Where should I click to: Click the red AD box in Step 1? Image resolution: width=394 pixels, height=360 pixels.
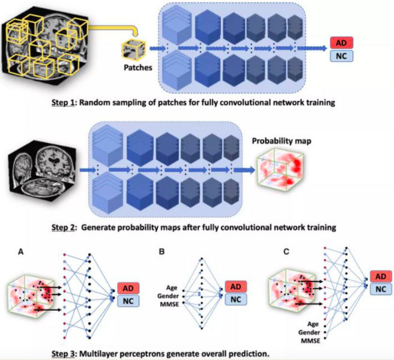341,43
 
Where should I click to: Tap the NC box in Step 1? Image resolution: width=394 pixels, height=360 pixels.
341,56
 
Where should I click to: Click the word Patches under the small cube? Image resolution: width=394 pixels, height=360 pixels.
138,68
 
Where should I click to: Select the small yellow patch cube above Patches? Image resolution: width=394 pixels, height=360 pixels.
133,50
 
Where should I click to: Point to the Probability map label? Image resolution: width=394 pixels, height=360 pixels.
282,141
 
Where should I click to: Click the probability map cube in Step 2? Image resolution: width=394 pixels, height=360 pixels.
280,170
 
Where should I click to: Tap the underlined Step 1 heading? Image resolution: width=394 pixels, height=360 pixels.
63,103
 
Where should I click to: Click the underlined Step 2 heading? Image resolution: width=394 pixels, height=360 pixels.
63,227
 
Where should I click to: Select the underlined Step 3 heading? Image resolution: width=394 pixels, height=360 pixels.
63,354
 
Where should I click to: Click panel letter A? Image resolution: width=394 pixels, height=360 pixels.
21,251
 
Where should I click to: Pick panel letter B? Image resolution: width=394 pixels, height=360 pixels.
162,251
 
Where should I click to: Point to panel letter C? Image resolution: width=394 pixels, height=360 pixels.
286,251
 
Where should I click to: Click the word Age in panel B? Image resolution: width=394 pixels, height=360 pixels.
172,287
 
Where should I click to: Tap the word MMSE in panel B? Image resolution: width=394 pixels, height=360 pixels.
169,304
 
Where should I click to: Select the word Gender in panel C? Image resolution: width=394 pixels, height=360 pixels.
309,332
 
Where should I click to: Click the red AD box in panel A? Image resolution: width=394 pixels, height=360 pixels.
128,288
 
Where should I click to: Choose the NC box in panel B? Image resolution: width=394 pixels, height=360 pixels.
236,299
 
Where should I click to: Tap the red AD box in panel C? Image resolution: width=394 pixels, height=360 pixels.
381,277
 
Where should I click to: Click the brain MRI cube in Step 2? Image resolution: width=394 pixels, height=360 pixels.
42,171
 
